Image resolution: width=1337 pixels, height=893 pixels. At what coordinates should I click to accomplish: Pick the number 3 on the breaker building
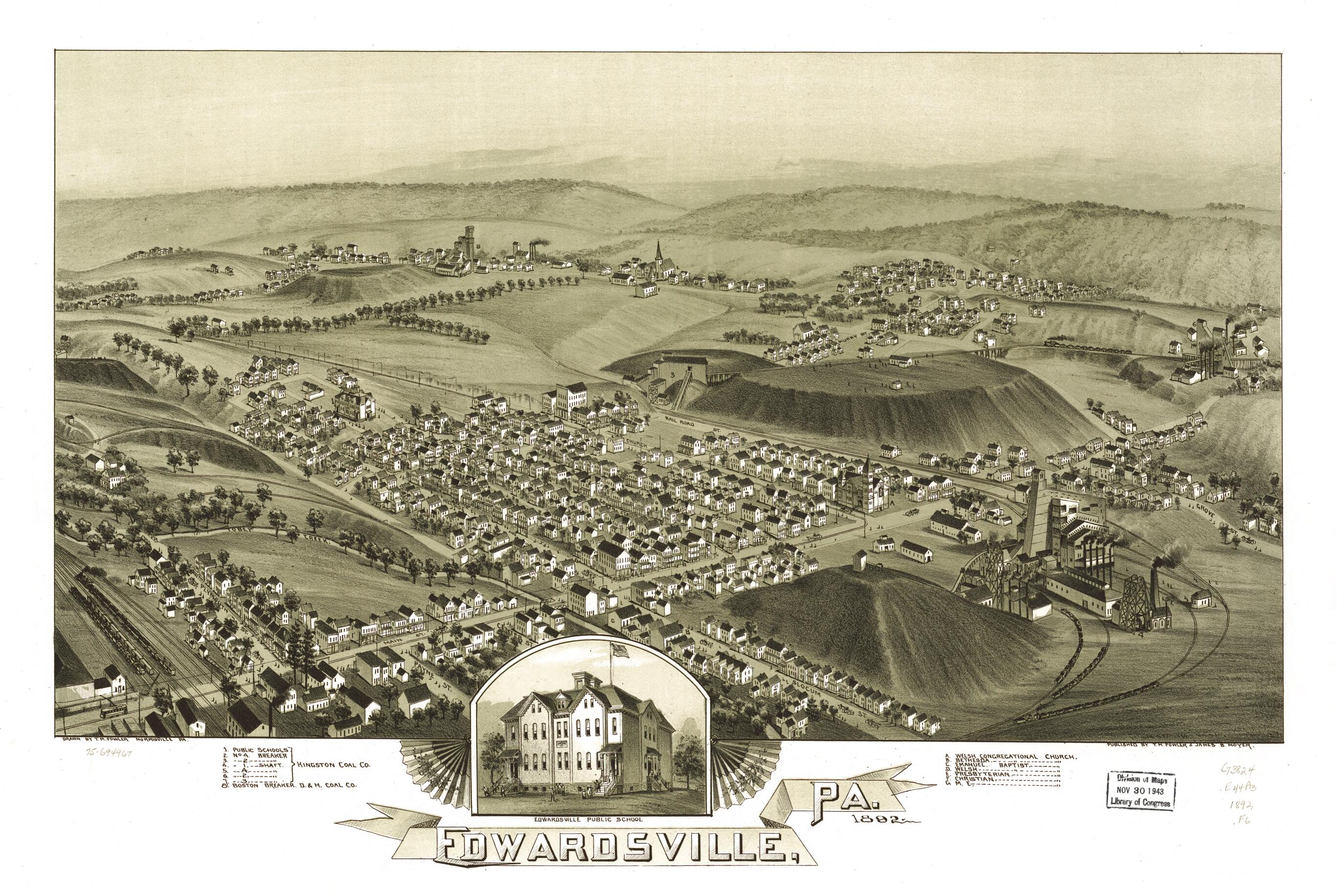(x=673, y=375)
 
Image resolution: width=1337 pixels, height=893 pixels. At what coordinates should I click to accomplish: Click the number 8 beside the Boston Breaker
(x=478, y=246)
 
